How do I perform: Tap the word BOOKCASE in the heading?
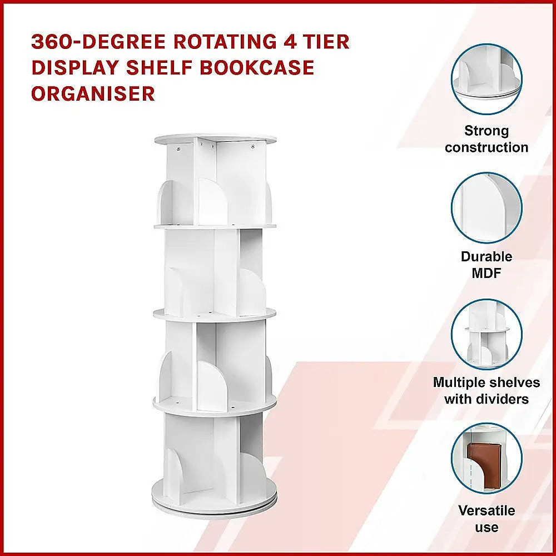(257, 67)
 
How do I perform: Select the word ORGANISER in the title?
(93, 93)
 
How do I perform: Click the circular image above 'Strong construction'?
(487, 80)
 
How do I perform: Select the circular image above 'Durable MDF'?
(487, 208)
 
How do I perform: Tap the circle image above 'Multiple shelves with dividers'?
(487, 334)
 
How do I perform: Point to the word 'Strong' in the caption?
(487, 131)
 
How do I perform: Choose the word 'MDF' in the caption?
(487, 273)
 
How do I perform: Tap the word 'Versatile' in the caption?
(487, 510)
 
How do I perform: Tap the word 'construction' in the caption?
(487, 147)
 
